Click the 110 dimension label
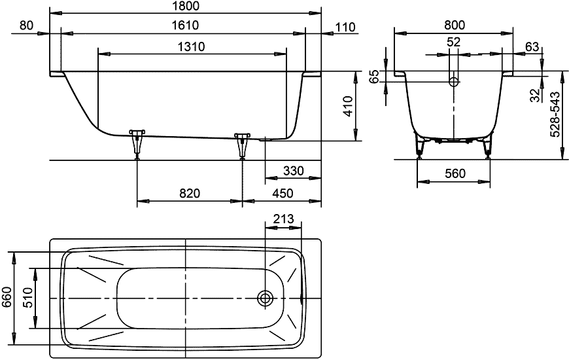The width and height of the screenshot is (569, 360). click(x=344, y=27)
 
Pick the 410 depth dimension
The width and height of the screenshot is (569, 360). click(x=348, y=105)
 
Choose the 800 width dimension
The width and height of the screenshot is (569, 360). click(x=454, y=25)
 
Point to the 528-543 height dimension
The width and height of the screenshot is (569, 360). click(x=555, y=114)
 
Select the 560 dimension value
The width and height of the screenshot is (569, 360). click(x=454, y=173)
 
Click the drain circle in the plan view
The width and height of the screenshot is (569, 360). click(x=266, y=298)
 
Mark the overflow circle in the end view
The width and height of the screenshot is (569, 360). click(x=454, y=82)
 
